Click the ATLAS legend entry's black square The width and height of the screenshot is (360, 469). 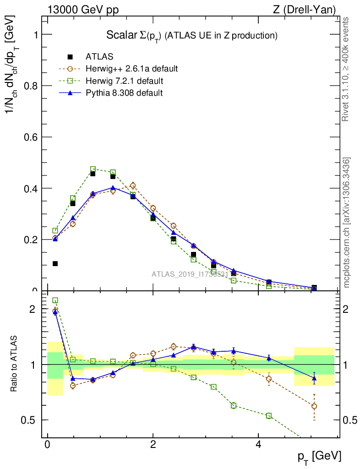(70, 57)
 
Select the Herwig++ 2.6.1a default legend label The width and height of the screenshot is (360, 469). (131, 69)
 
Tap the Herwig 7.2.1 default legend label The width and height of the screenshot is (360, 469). (125, 81)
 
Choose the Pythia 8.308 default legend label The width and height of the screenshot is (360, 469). (124, 93)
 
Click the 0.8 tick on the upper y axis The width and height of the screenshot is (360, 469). (33, 86)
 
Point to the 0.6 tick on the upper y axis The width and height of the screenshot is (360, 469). (33, 137)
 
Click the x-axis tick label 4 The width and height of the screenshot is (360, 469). (258, 445)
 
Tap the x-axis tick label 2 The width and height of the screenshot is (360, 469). (153, 445)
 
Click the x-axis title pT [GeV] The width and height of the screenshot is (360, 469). (319, 456)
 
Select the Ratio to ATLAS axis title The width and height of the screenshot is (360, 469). (14, 364)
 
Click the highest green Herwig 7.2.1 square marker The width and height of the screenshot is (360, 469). (93, 169)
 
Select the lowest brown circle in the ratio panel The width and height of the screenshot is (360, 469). (314, 406)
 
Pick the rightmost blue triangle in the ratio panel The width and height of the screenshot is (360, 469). (314, 378)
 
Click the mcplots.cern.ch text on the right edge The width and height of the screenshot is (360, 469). (347, 223)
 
